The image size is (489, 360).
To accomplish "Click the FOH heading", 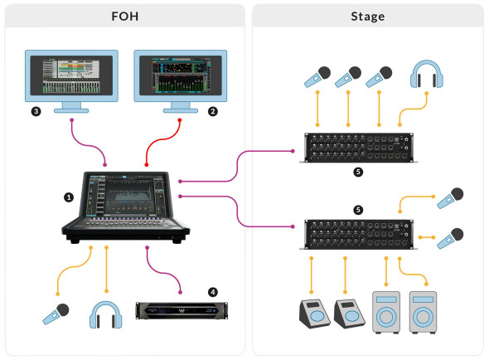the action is click(x=125, y=17).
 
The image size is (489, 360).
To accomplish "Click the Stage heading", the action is click(x=368, y=17).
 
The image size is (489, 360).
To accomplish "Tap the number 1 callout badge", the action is click(x=69, y=197).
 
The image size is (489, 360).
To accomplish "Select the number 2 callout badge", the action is click(x=213, y=111).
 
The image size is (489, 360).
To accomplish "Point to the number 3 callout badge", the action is click(x=36, y=111).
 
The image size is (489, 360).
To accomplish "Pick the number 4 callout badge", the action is click(x=213, y=292).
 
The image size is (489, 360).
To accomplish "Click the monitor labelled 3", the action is click(x=71, y=80).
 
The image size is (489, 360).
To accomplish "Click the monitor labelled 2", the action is click(x=180, y=80).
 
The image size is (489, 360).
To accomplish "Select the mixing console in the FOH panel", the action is click(x=126, y=207).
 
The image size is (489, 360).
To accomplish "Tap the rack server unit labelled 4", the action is click(x=182, y=310).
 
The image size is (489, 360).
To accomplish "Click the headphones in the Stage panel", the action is click(x=427, y=74).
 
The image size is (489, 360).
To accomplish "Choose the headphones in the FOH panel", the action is click(x=106, y=314).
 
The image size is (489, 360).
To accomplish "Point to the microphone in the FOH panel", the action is click(x=56, y=314).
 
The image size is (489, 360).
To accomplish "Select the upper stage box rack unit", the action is click(x=359, y=148).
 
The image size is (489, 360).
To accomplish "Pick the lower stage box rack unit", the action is click(x=359, y=234).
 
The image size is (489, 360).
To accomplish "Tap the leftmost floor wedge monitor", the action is click(x=314, y=314).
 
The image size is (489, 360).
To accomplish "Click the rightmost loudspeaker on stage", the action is click(x=423, y=312).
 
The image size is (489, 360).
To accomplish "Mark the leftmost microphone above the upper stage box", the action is click(x=317, y=76).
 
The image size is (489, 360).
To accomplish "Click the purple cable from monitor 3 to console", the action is click(x=88, y=144).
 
